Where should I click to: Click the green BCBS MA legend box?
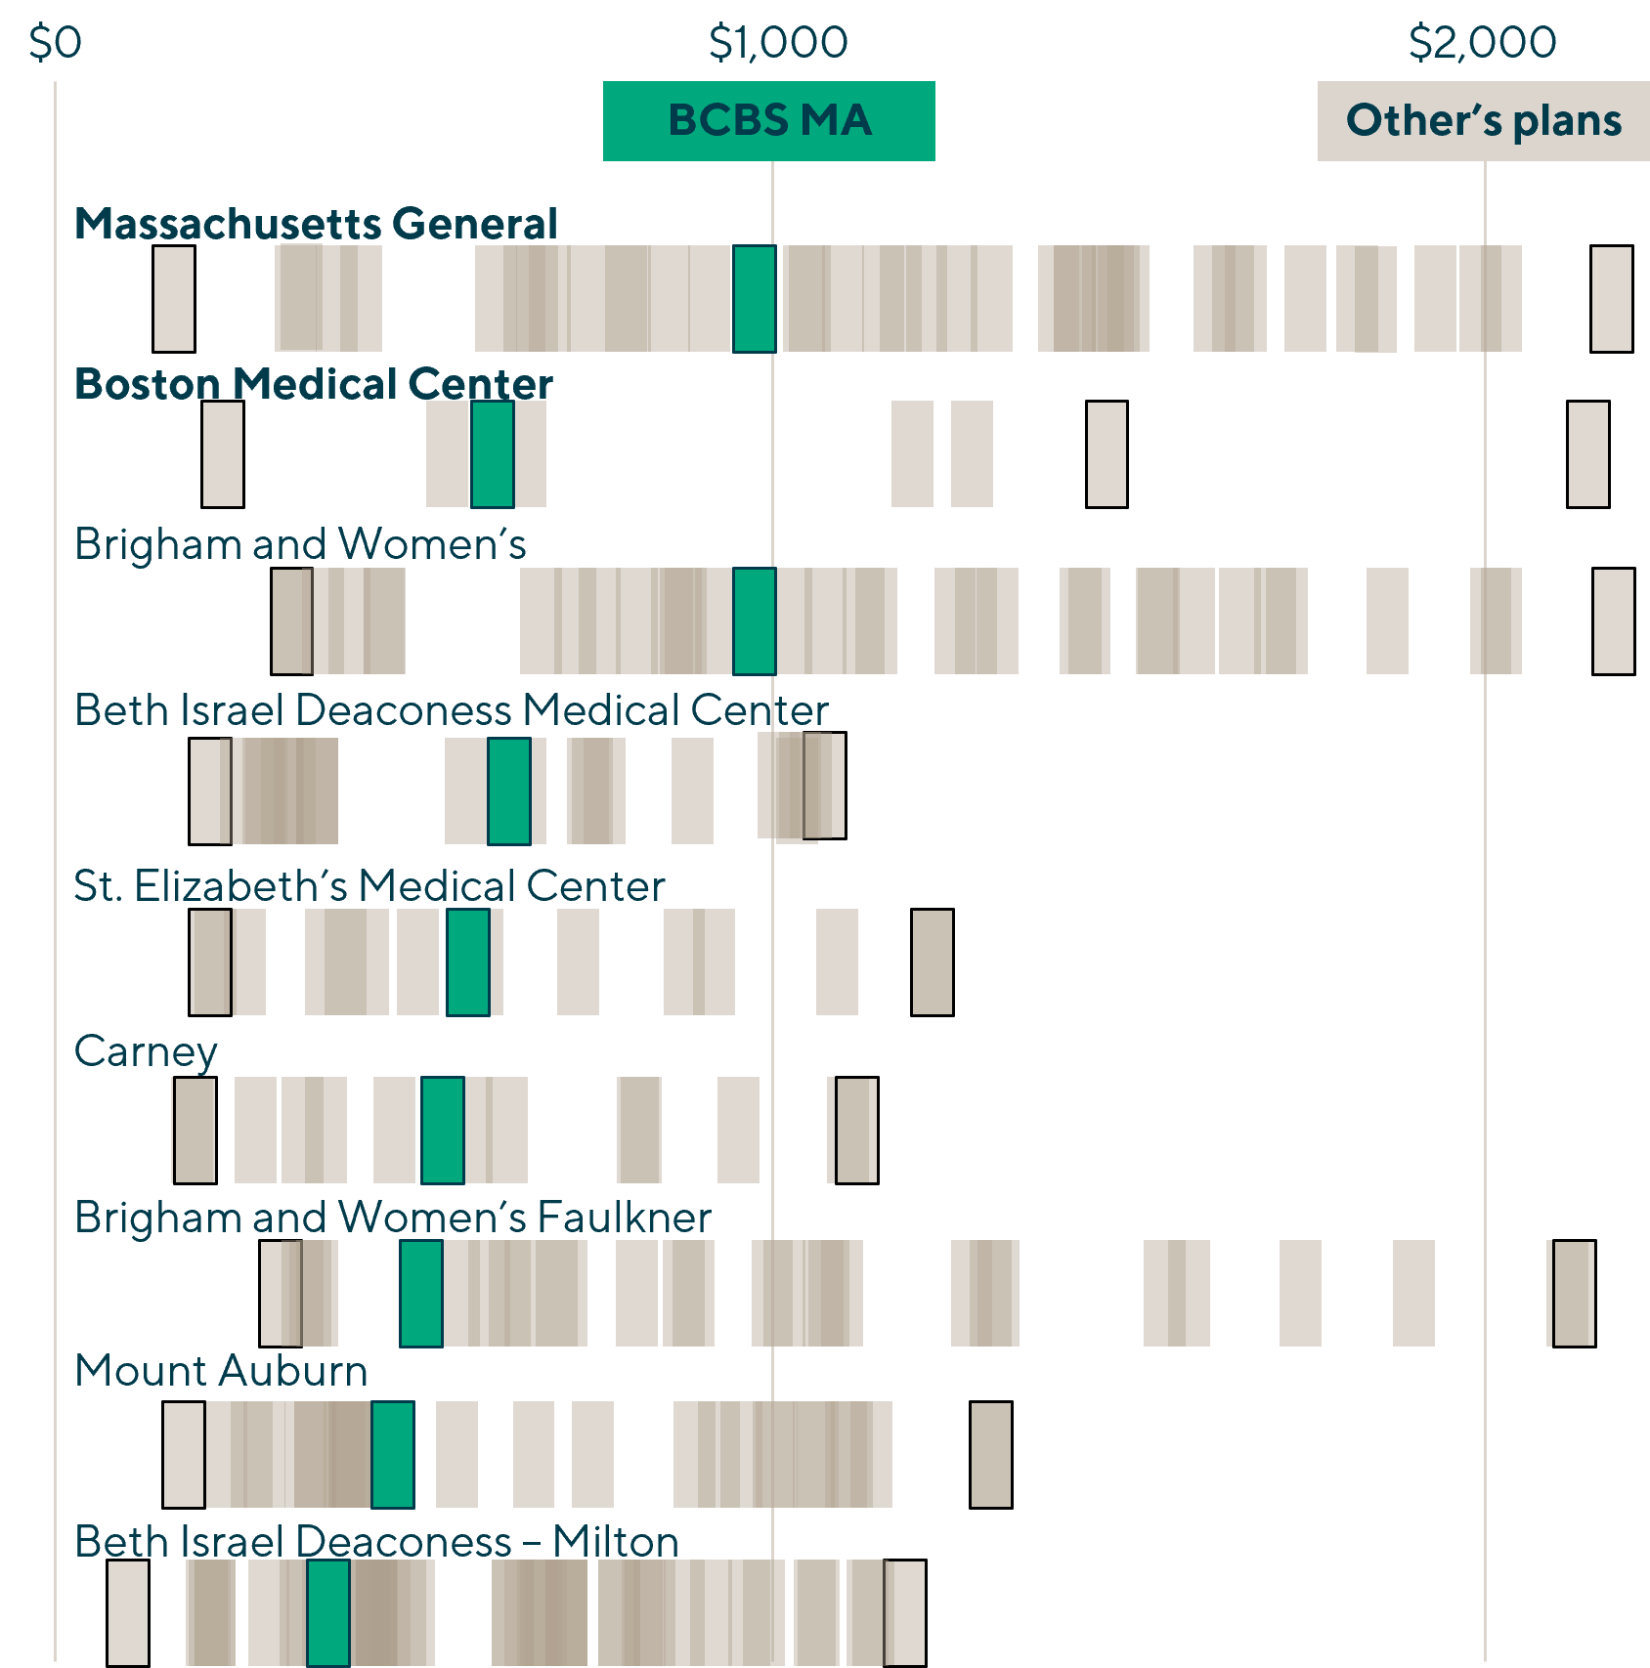point(768,121)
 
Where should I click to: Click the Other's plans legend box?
point(1483,121)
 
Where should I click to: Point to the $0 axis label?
point(55,43)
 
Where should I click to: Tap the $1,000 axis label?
point(778,43)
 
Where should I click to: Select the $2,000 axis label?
point(1482,43)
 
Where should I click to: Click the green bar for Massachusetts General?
point(754,298)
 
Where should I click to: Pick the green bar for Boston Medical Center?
point(492,454)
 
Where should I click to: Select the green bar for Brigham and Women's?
point(754,620)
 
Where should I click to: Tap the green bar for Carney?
point(442,1130)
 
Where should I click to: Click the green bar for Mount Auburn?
point(392,1454)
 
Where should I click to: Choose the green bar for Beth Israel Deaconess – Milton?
point(328,1612)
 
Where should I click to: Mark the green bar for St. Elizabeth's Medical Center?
point(468,962)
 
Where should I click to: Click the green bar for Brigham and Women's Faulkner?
point(421,1293)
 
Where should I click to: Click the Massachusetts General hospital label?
point(316,224)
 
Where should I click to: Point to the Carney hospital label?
point(146,1052)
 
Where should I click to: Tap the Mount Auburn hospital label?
point(221,1371)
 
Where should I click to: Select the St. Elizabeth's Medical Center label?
point(369,886)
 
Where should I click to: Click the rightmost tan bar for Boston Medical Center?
point(1587,454)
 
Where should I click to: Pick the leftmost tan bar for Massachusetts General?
point(174,298)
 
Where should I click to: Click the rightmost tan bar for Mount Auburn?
point(990,1454)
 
